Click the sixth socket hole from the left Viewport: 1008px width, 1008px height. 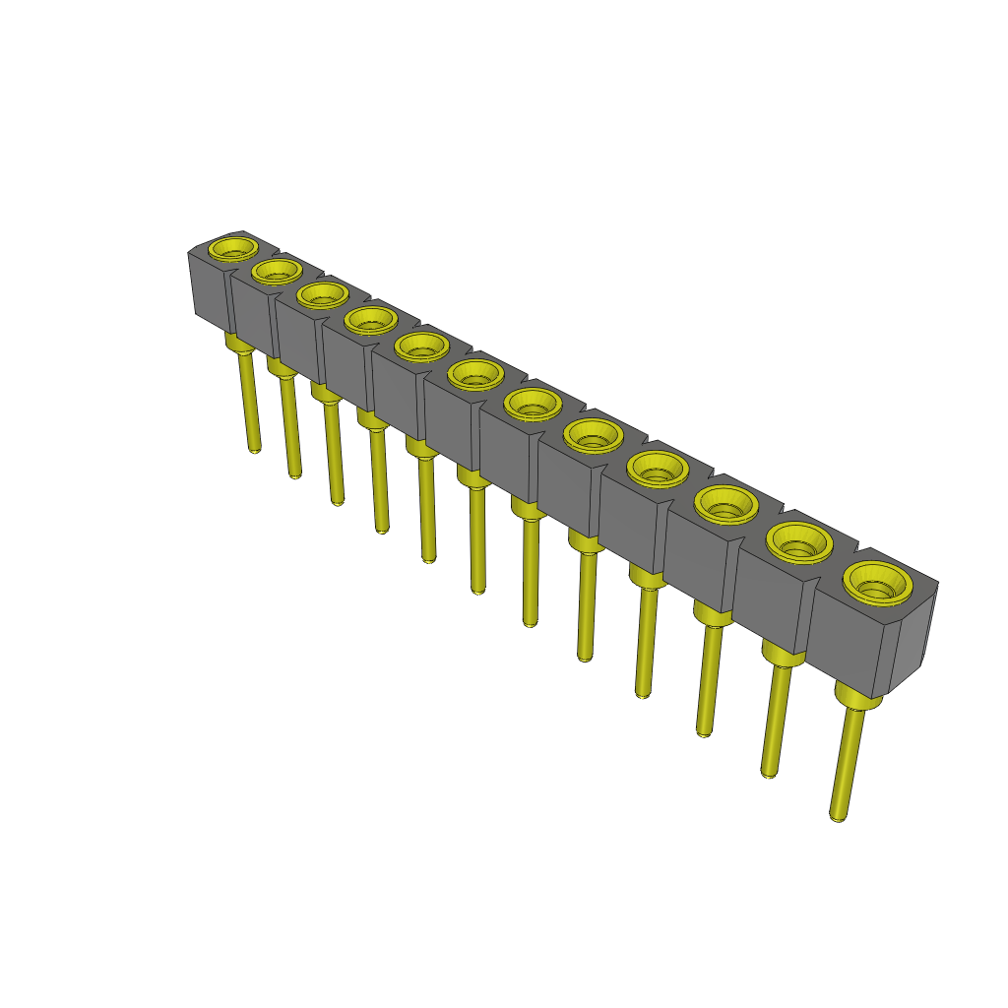coord(475,373)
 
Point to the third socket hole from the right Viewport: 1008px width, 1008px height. coord(726,506)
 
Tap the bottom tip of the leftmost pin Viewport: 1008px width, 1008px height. coord(255,448)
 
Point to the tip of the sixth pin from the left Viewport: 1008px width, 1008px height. coord(478,589)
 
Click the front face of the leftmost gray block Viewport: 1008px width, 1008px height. coord(210,291)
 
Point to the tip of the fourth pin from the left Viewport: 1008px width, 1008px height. coord(382,530)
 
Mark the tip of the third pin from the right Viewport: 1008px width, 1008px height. coord(703,732)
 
